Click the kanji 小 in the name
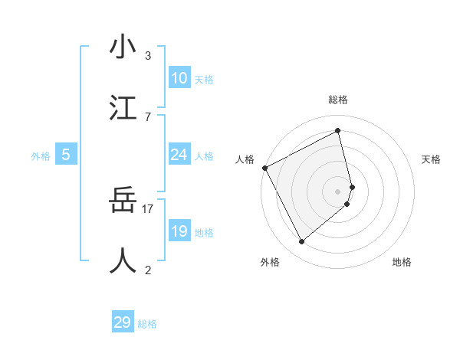click(x=123, y=47)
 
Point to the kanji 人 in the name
click(x=123, y=260)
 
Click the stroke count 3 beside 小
click(x=148, y=55)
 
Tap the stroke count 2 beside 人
click(x=148, y=269)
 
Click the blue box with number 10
click(x=179, y=78)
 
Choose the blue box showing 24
click(x=179, y=155)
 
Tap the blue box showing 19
click(x=179, y=231)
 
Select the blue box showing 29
click(x=123, y=322)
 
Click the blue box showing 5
click(x=66, y=155)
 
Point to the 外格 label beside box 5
click(x=41, y=155)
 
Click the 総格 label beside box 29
click(x=147, y=324)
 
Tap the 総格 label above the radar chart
click(x=338, y=100)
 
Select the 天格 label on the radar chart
click(x=432, y=159)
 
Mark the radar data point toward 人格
click(x=264, y=168)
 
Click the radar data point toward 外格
click(x=301, y=242)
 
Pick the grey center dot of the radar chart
click(x=338, y=191)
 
